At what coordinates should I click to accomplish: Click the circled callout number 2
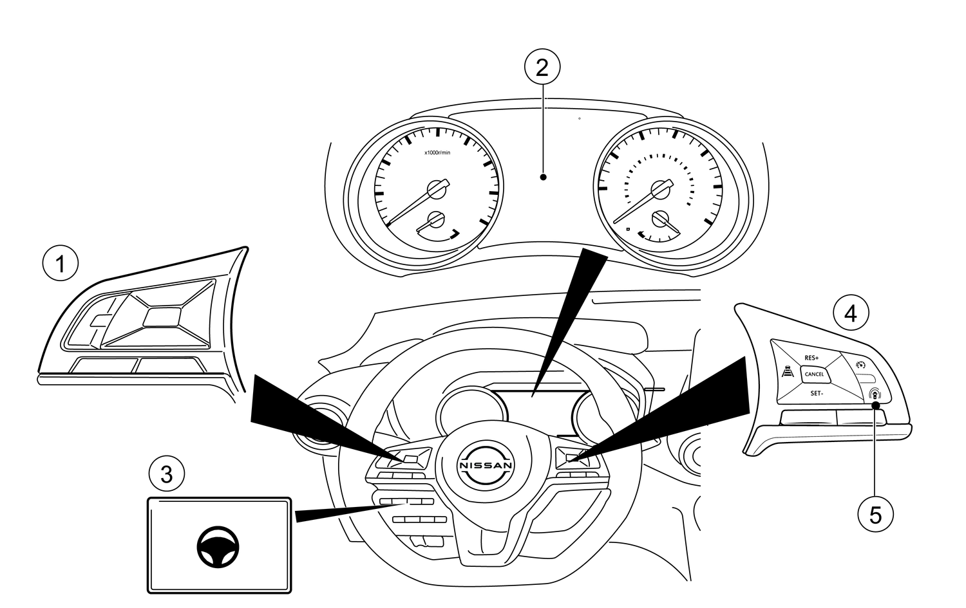pyautogui.click(x=542, y=67)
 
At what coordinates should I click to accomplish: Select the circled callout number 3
pyautogui.click(x=166, y=475)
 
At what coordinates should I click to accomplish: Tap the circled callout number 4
pyautogui.click(x=850, y=313)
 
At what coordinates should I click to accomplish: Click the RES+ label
pyautogui.click(x=811, y=358)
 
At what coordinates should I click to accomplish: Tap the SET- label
pyautogui.click(x=816, y=392)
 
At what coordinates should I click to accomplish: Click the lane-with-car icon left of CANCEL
pyautogui.click(x=786, y=372)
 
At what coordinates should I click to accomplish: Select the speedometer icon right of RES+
pyautogui.click(x=860, y=365)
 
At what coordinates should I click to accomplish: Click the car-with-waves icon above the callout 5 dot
pyautogui.click(x=874, y=393)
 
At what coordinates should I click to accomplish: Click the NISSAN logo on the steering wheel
pyautogui.click(x=486, y=465)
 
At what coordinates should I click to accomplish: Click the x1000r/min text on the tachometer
pyautogui.click(x=437, y=152)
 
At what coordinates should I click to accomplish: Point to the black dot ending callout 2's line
pyautogui.click(x=544, y=177)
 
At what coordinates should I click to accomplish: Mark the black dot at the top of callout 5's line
pyautogui.click(x=876, y=405)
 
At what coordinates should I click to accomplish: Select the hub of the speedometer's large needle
pyautogui.click(x=659, y=190)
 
